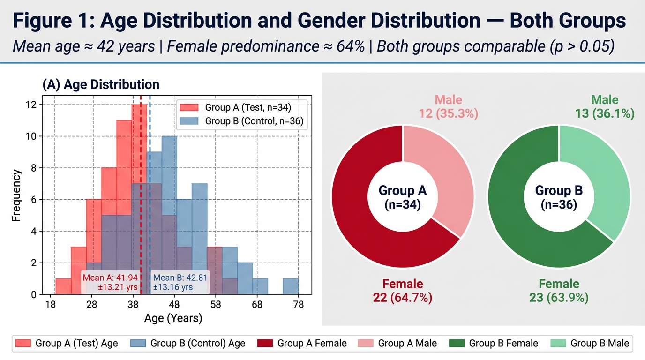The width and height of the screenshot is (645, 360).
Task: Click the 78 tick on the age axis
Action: tap(299, 305)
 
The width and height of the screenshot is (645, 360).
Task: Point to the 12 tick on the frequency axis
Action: tap(31, 105)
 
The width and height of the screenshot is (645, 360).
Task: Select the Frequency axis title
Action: tap(16, 195)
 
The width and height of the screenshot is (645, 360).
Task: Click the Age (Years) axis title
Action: tap(173, 319)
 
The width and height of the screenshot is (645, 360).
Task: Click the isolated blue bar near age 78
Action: tap(291, 286)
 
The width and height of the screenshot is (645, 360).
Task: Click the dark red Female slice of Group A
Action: tap(370, 220)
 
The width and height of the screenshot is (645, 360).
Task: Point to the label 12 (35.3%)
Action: tap(449, 113)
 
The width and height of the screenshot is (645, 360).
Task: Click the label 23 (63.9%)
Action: tap(559, 297)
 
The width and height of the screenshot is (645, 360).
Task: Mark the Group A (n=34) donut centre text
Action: tap(403, 197)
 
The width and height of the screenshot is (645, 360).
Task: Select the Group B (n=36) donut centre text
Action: tap(559, 197)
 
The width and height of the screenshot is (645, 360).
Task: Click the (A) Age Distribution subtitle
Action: tap(101, 85)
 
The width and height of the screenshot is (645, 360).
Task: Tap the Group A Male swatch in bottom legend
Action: tap(366, 344)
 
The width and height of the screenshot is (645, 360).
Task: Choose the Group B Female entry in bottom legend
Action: tap(503, 344)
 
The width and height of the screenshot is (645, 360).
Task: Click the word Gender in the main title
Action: tap(339, 22)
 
